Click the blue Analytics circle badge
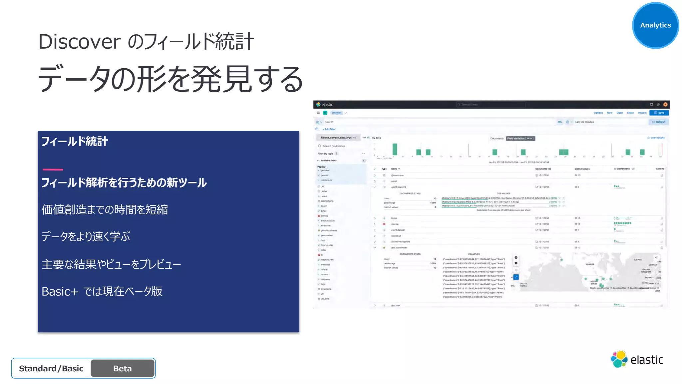point(655,25)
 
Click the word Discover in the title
point(79,42)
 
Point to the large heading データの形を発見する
point(170,79)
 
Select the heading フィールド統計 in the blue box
point(75,142)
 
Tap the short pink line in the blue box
point(53,169)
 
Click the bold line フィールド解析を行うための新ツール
point(124,183)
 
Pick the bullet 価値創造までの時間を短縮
point(105,210)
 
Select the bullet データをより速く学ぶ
point(86,237)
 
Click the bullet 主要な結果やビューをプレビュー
point(111,264)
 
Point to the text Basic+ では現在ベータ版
point(102,292)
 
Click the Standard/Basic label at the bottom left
point(51,368)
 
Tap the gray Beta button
point(123,368)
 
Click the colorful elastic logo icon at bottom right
point(619,359)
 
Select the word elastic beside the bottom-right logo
point(647,360)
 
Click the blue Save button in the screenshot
point(659,113)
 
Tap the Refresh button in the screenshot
point(659,122)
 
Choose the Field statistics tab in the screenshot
point(520,138)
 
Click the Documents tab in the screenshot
point(497,138)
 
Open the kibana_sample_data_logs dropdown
point(338,138)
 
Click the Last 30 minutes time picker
point(584,122)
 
